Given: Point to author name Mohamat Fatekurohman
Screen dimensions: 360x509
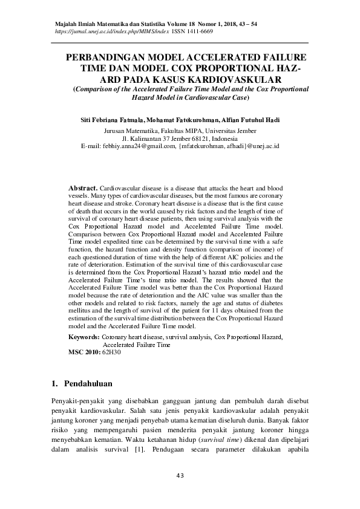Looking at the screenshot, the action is [180, 119].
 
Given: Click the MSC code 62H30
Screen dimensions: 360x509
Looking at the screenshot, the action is [112, 351].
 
